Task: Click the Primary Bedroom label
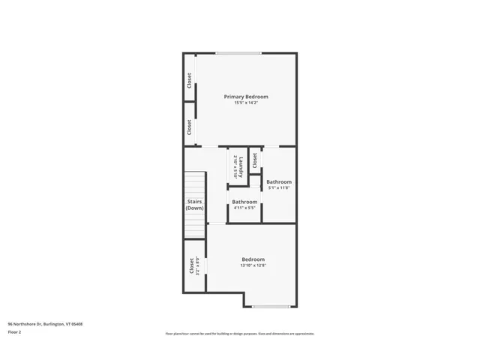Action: click(x=246, y=97)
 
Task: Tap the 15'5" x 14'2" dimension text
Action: click(x=246, y=103)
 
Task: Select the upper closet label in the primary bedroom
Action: click(x=189, y=79)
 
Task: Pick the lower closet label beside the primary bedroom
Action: click(x=189, y=127)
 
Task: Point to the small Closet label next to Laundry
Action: click(x=255, y=160)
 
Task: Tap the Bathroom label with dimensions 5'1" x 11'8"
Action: click(x=279, y=181)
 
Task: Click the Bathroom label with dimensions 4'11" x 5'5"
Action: click(x=244, y=202)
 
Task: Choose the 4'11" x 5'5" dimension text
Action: click(x=244, y=208)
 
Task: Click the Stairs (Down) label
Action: click(x=194, y=204)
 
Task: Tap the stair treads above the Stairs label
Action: click(x=195, y=184)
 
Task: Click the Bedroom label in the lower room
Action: click(x=253, y=259)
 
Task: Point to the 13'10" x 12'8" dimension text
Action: click(x=253, y=265)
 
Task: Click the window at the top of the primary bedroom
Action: click(x=238, y=52)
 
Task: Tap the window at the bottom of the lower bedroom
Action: click(x=271, y=307)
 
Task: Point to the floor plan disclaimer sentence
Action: click(x=240, y=334)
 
